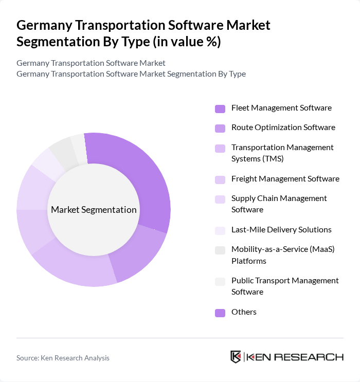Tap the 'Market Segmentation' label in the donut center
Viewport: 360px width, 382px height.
pos(94,210)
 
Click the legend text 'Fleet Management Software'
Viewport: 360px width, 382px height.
pos(281,108)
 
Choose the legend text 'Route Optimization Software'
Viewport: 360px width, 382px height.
pos(283,128)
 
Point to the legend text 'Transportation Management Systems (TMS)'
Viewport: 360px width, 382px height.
pos(282,153)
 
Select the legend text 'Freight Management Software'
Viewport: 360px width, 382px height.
pos(285,179)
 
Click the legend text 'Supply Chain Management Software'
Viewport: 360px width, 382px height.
pos(279,204)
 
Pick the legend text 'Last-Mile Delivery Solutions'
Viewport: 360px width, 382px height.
pos(281,230)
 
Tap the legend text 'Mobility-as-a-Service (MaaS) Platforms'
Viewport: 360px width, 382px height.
pos(283,255)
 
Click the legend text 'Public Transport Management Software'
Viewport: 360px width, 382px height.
pos(285,286)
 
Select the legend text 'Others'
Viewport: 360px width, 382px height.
pos(244,312)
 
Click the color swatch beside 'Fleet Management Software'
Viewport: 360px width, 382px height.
pos(220,108)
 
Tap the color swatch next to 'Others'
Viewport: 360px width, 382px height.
pos(220,313)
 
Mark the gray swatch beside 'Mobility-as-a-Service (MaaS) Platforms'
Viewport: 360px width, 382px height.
pos(220,250)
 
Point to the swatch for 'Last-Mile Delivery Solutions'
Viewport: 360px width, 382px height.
pos(220,230)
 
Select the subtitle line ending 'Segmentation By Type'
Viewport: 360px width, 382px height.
pos(131,74)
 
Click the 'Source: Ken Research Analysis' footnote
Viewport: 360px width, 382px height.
pos(63,358)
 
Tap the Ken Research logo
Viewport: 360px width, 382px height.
pos(287,357)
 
